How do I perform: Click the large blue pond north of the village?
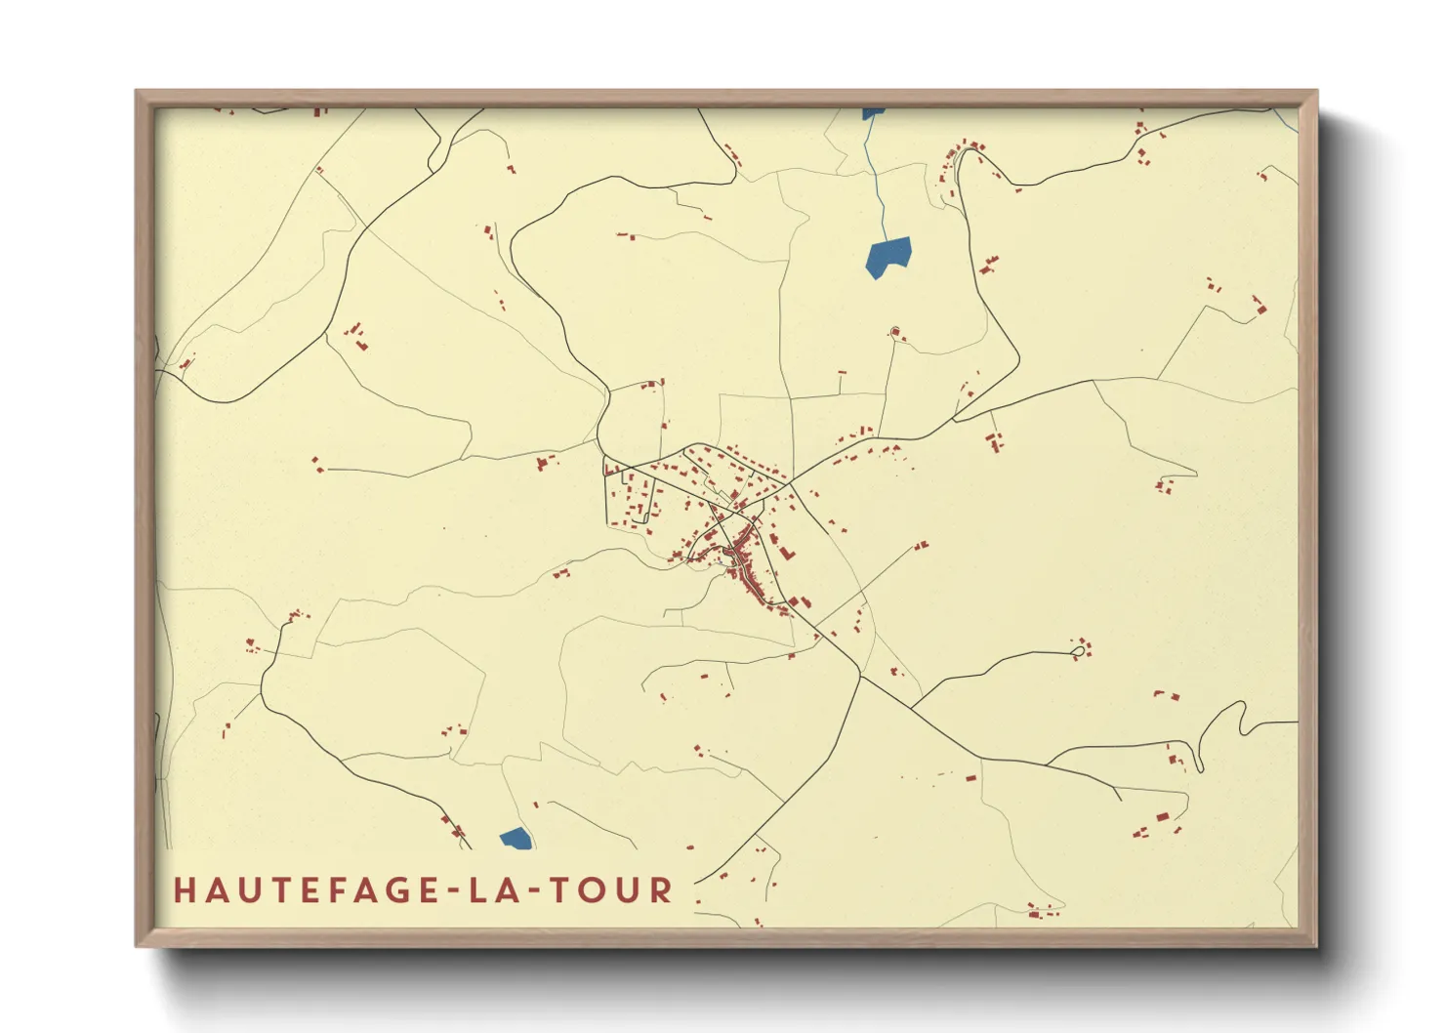point(888,257)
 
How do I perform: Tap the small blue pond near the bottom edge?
point(516,838)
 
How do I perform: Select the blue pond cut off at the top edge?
point(872,113)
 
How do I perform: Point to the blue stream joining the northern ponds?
point(878,186)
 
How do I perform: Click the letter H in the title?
point(185,890)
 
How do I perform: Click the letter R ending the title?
point(663,890)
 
